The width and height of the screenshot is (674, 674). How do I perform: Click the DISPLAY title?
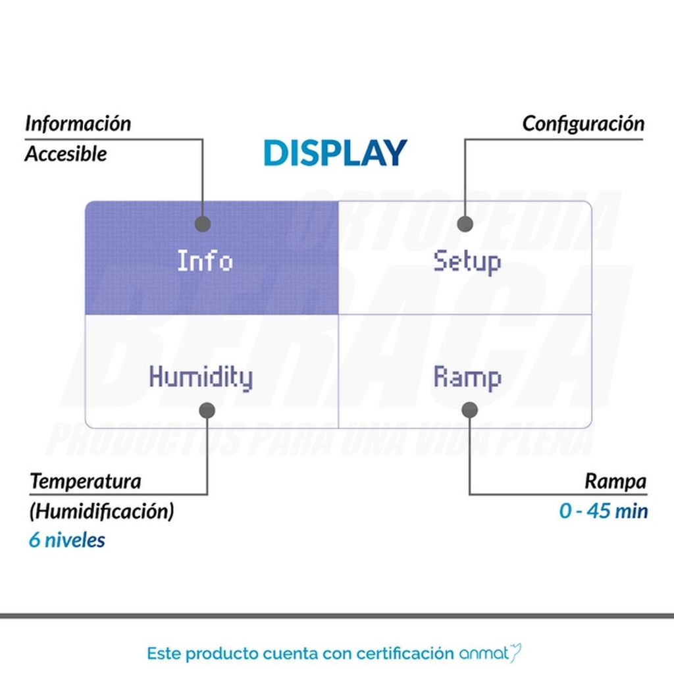335,153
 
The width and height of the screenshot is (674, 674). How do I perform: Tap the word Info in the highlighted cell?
205,261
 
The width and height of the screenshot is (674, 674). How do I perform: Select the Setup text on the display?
467,261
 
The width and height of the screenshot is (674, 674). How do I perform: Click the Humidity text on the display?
201,378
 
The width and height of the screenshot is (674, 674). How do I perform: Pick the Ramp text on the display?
467,378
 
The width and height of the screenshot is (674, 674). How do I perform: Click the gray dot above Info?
203,224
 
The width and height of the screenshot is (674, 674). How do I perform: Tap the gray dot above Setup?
465,224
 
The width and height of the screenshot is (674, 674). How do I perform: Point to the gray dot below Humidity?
207,410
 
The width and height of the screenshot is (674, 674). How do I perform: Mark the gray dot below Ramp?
470,409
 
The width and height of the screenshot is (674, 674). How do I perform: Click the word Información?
78,123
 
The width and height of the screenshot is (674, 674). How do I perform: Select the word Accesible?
66,153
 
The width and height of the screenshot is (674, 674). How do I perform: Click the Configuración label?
583,124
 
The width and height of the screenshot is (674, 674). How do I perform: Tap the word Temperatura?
86,481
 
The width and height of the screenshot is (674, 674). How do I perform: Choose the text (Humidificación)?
102,511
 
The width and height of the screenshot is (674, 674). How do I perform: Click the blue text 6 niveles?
67,540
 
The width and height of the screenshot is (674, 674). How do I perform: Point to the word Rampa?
615,482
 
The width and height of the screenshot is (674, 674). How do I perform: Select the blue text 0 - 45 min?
604,511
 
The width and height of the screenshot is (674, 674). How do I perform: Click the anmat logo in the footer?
490,654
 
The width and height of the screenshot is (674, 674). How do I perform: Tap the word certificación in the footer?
405,654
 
